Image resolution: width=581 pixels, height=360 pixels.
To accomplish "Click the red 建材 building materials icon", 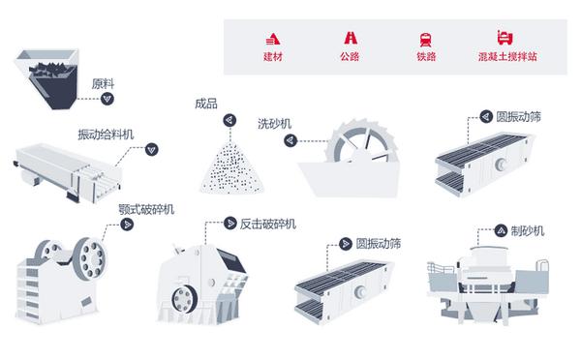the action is point(273,39).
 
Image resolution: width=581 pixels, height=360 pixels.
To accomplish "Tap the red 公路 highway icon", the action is point(351,38).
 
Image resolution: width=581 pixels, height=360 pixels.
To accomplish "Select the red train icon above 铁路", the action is point(426,40).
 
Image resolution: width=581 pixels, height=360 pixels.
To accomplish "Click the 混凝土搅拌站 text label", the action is point(507,57).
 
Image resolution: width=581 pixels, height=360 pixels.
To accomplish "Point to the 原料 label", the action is point(103,84).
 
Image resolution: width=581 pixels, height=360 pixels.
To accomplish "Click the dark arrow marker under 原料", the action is point(107,99).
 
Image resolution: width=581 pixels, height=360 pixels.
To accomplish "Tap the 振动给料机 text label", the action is point(106,135).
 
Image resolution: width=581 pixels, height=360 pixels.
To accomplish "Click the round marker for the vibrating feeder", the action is point(152,149).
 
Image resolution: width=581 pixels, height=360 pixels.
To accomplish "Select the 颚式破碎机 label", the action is point(146,210).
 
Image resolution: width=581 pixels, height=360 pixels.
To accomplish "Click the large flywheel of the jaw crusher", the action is point(90,258).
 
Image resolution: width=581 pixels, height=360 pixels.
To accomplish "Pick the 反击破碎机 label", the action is point(268,224).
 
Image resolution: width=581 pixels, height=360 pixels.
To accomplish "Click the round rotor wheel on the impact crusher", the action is point(184,299).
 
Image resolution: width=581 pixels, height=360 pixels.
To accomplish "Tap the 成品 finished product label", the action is point(206,104).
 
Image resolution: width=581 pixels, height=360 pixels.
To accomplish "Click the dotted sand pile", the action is point(232,169).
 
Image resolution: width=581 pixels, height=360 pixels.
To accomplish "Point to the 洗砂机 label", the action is point(275,124).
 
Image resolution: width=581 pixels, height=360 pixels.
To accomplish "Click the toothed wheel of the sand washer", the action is point(361,141).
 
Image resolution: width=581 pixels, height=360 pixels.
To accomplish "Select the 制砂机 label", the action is point(528,231).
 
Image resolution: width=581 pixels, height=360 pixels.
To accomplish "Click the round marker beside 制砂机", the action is point(501,231).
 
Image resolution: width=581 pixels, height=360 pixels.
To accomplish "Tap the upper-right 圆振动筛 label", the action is point(519,117).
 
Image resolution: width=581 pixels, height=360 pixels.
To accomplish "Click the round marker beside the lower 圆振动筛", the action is point(346,244).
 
